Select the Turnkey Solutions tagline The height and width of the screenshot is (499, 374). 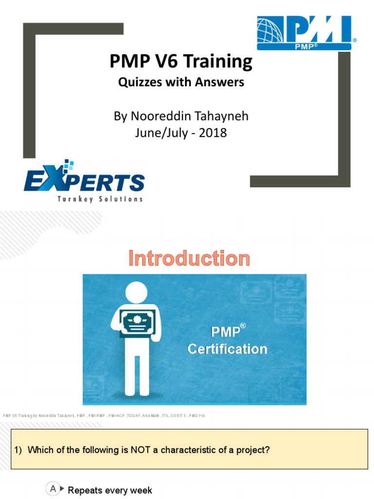pos(100,198)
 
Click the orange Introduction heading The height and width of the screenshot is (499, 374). pos(189,258)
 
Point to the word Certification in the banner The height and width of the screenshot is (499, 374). pos(227,349)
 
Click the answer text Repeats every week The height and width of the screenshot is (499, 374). pos(110,490)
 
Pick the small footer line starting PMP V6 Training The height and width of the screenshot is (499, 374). pos(104,415)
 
